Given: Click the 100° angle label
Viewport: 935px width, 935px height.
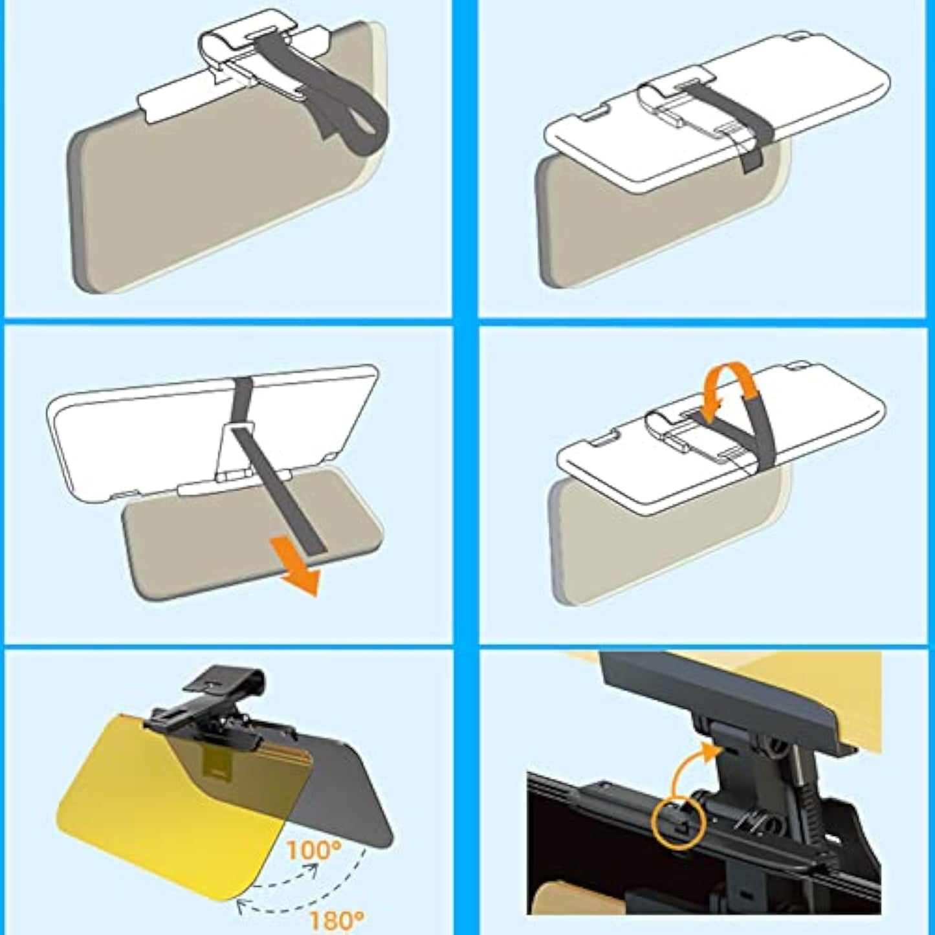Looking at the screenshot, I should pos(314,849).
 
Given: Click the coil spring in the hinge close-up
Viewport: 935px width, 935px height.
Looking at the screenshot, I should pos(809,809).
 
